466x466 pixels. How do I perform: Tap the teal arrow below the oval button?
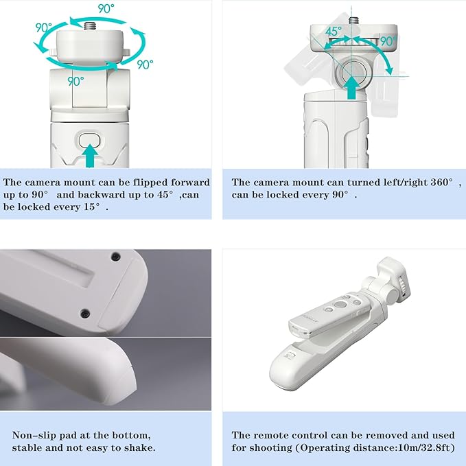[x=90, y=156]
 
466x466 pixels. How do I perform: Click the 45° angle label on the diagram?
[x=333, y=31]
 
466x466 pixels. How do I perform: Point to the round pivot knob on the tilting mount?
[x=352, y=73]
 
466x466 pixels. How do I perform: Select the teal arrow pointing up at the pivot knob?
[x=352, y=88]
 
